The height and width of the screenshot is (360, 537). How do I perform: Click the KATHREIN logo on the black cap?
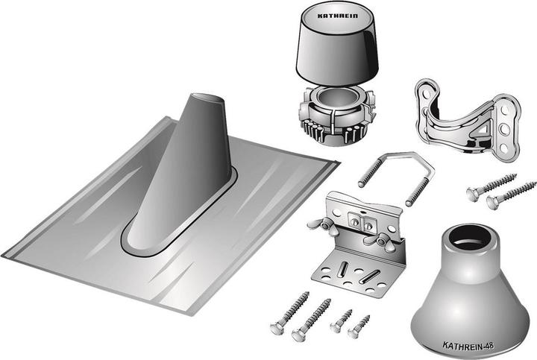337,16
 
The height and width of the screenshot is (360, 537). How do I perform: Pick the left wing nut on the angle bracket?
322,225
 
